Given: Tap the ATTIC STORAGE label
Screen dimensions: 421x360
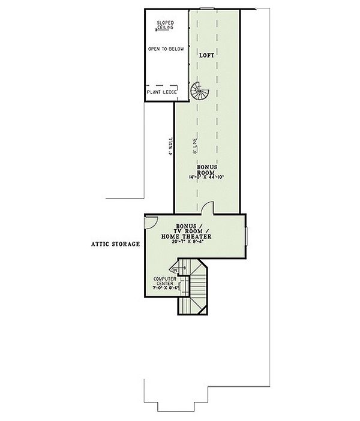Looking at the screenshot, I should coord(116,244).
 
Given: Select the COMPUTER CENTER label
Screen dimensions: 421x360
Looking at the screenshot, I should coord(164,282).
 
